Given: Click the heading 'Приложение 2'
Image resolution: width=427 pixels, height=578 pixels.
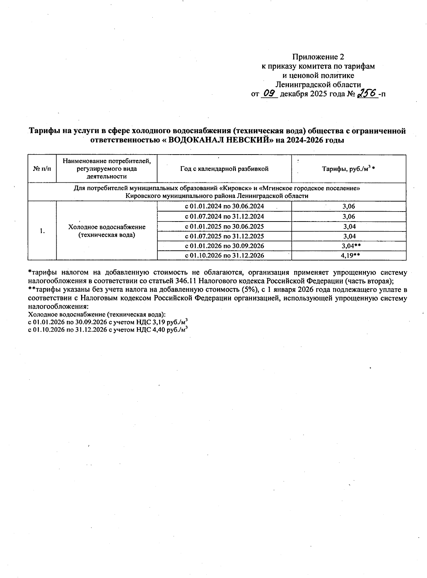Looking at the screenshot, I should (318, 57).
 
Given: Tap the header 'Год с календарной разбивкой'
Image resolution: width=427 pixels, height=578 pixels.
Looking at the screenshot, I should (224, 169).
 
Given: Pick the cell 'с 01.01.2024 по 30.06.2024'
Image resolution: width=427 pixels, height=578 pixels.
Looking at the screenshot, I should (224, 206).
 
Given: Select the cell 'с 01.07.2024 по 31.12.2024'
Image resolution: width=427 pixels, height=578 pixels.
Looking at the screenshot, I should (224, 216).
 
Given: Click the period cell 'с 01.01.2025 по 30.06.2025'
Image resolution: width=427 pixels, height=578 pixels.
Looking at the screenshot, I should (224, 226).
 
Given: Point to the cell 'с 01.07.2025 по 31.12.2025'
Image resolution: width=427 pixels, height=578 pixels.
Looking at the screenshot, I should (224, 236).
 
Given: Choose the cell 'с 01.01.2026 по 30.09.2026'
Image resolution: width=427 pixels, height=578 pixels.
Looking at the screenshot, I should (224, 246).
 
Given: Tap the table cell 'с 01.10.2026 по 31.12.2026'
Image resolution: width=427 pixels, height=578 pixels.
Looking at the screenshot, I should (224, 255).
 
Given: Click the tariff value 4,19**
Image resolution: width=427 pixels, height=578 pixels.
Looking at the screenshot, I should (352, 255).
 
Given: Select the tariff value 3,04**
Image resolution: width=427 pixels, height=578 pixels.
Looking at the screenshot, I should (352, 246).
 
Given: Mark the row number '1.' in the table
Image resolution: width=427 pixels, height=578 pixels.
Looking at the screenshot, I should (42, 231).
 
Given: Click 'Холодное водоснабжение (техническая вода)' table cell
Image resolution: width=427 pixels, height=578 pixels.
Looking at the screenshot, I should (107, 231).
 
